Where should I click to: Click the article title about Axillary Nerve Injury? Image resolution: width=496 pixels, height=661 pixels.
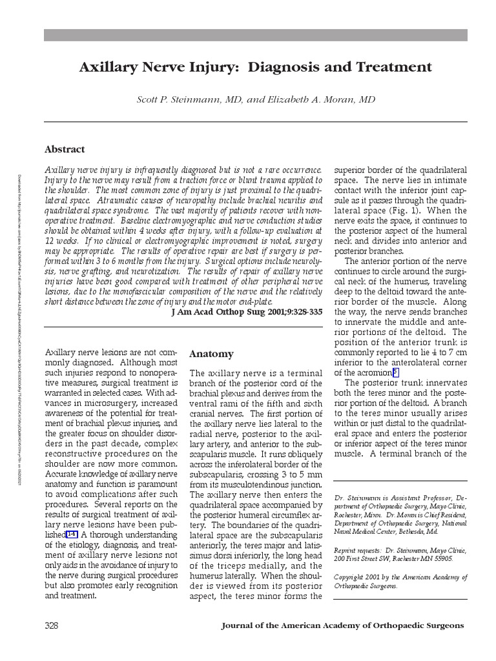[x=255, y=67]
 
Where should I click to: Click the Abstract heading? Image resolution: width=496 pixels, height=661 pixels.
[x=65, y=149]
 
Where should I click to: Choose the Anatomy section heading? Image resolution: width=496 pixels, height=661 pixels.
[x=211, y=354]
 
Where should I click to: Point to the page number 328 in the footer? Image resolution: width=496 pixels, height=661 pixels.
[x=52, y=625]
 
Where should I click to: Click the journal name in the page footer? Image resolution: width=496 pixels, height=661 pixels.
[x=342, y=625]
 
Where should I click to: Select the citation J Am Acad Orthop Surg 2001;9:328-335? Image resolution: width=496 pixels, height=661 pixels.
[x=246, y=311]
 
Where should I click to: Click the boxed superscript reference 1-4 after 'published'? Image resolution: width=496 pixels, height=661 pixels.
[x=72, y=535]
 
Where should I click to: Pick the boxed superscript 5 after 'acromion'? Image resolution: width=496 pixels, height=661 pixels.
[x=396, y=372]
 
